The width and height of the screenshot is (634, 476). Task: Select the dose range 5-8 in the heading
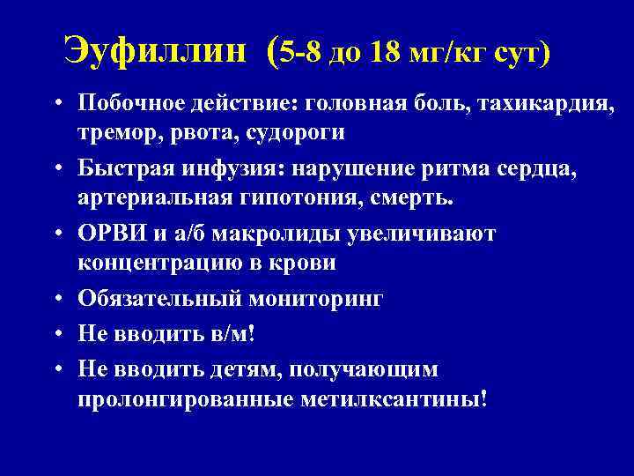pos(302,53)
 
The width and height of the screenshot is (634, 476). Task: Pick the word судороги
pos(298,131)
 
